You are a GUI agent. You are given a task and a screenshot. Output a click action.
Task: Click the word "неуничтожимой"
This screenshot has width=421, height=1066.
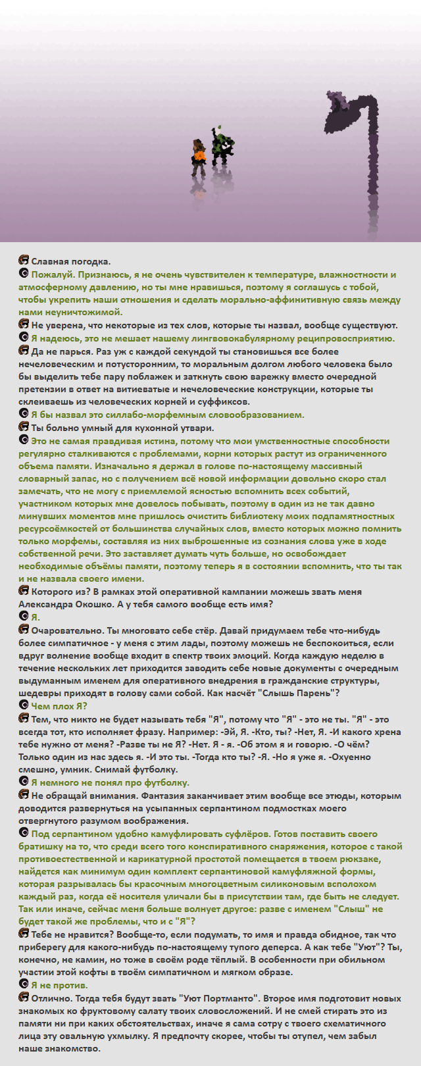86,312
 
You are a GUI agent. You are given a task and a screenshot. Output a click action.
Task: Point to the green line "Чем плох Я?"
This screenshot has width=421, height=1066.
59,705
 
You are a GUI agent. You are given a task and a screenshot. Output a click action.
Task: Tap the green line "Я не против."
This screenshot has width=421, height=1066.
59,985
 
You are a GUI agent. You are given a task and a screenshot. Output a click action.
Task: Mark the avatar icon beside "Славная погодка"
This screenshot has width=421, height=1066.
24,261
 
